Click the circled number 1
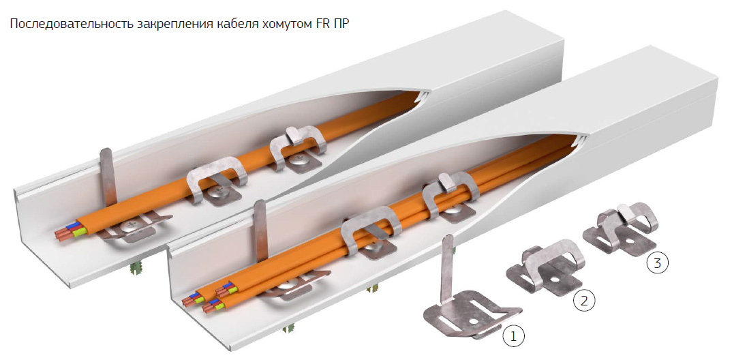[513, 336]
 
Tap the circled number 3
[657, 263]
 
